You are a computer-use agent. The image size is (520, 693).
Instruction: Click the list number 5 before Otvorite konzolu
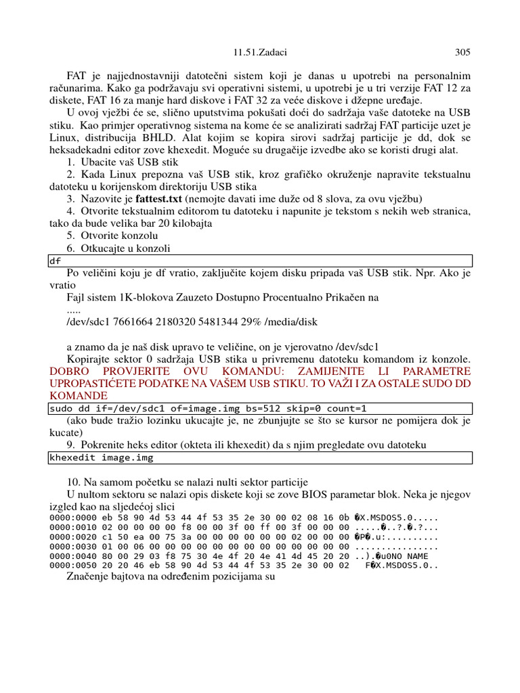[x=70, y=236]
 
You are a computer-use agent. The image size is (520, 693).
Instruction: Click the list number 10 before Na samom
[x=72, y=482]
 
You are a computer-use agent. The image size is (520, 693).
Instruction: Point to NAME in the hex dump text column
[x=417, y=555]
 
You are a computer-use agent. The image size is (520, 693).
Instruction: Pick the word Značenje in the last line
[x=87, y=577]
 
